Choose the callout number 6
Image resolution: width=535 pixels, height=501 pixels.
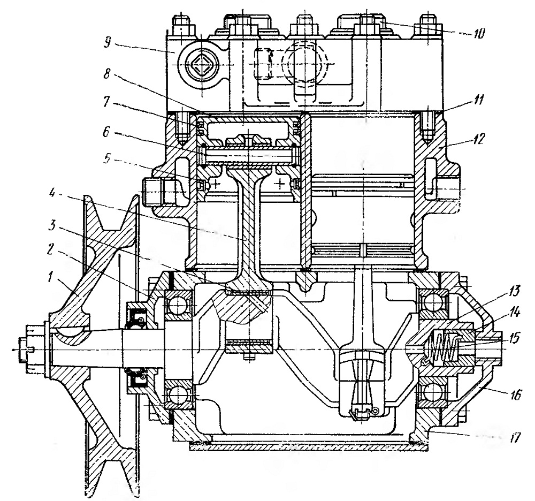coord(107,132)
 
